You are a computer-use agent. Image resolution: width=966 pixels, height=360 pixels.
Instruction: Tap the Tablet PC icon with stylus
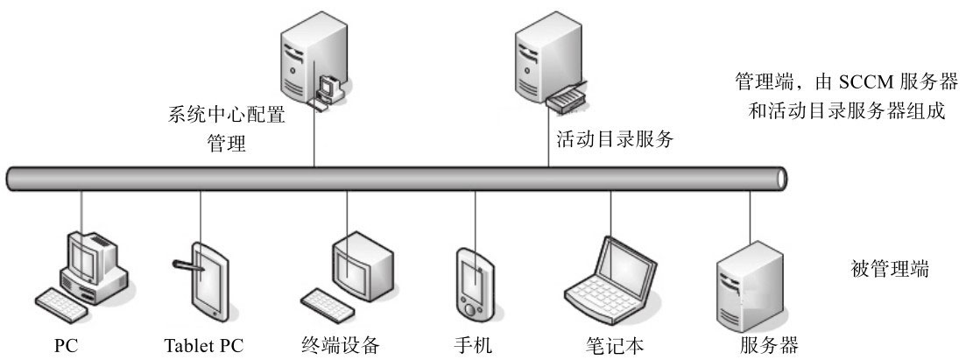(202, 276)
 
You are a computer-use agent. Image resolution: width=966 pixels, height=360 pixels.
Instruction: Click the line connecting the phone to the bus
(476, 219)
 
